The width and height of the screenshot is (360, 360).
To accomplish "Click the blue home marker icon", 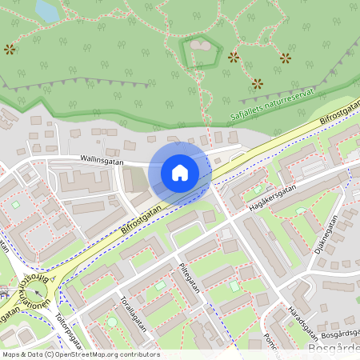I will [x=180, y=172].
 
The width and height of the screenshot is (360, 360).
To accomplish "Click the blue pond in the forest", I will [x=47, y=11].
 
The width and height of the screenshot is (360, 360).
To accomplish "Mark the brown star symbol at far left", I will [x=10, y=50].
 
